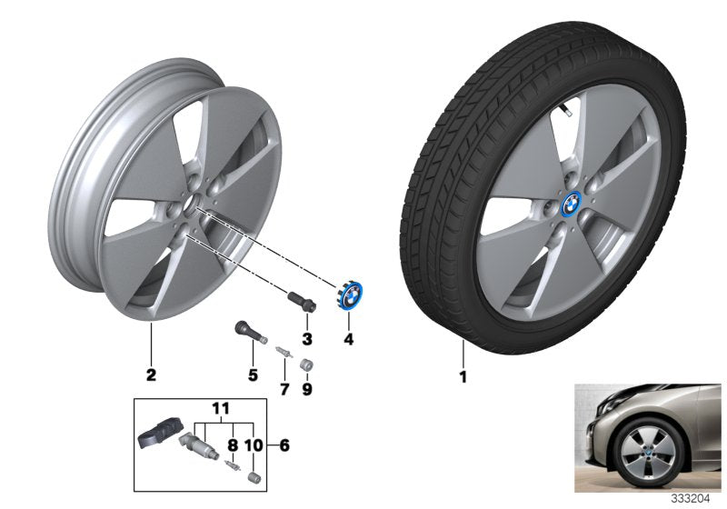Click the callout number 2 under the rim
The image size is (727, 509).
click(151, 374)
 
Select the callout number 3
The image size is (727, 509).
click(306, 339)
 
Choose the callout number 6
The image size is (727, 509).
click(285, 445)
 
